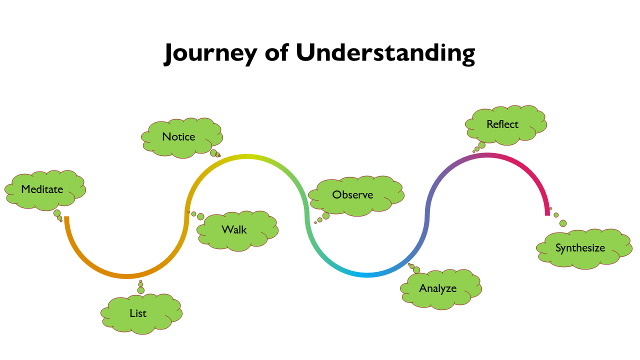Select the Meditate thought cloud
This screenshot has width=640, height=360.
click(x=44, y=189)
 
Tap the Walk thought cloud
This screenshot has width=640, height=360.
click(x=236, y=230)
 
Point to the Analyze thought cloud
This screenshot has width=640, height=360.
click(x=440, y=288)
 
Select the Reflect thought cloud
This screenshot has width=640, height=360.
click(x=504, y=124)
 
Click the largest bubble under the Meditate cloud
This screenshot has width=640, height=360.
click(x=57, y=213)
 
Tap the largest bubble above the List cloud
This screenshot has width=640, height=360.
click(x=141, y=290)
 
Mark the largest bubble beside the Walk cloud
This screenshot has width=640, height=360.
click(x=200, y=216)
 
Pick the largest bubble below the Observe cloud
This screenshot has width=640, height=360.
click(x=326, y=216)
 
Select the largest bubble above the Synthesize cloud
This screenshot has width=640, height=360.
click(x=563, y=223)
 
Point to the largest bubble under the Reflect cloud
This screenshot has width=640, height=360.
click(x=482, y=145)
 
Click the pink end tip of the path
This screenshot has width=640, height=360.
click(x=547, y=214)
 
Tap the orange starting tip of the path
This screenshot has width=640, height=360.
click(x=66, y=218)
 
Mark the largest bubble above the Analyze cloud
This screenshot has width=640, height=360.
click(x=416, y=270)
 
